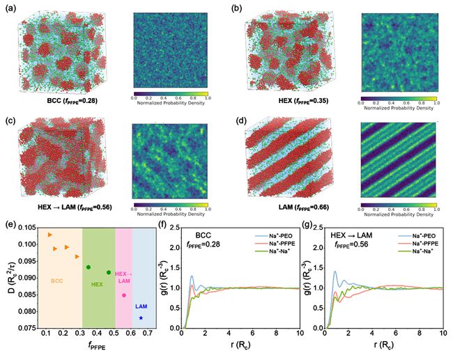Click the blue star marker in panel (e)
tap(141, 318)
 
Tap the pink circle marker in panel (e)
tap(124, 295)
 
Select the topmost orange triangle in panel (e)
tap(50, 235)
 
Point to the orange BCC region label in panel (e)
tap(60, 281)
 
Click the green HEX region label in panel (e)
tap(97, 284)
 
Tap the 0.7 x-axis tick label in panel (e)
tap(148, 335)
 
